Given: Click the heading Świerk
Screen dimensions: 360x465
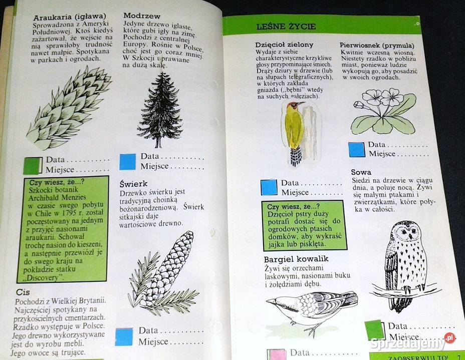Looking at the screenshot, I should pyautogui.click(x=134, y=184).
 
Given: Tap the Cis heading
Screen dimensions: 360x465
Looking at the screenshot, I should pyautogui.click(x=23, y=291).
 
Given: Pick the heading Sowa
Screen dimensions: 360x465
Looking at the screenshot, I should pyautogui.click(x=361, y=172).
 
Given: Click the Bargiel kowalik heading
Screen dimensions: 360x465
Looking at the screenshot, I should pyautogui.click(x=296, y=259).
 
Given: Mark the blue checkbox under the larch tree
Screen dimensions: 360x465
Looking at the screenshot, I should pyautogui.click(x=128, y=161).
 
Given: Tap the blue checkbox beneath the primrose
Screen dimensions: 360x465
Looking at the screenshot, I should pyautogui.click(x=357, y=149).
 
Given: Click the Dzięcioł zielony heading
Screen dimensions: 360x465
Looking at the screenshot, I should pyautogui.click(x=284, y=45).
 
